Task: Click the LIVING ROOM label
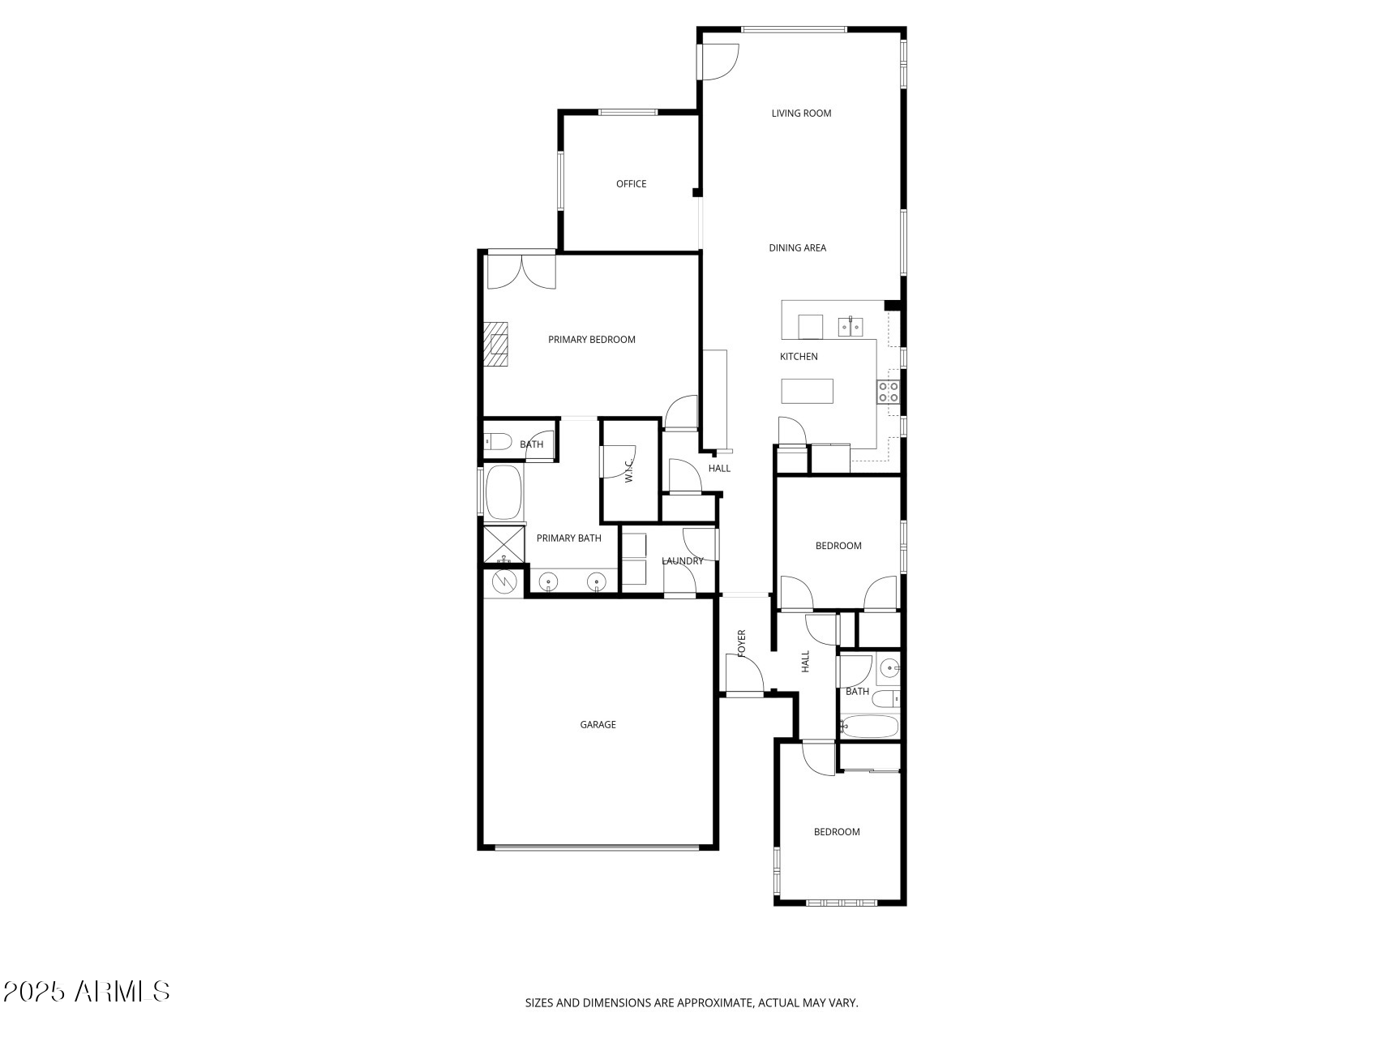tap(801, 114)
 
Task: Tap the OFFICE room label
tap(631, 184)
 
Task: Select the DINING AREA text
tap(797, 248)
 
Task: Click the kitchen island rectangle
tap(807, 391)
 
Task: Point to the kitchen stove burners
tap(888, 392)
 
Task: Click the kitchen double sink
tap(850, 327)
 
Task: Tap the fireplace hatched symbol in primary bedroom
tap(495, 345)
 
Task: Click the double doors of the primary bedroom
tap(521, 272)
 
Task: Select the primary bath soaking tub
tap(503, 492)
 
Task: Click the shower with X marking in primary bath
tap(503, 544)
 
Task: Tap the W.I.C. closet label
tap(628, 471)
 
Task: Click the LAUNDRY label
tap(682, 561)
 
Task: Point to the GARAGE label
tap(598, 725)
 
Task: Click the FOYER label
tap(741, 642)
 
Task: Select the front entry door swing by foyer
tap(744, 675)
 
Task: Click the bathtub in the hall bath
tap(869, 725)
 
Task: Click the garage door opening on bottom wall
tap(596, 848)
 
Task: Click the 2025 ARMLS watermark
tap(86, 991)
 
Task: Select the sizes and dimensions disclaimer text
tap(692, 1003)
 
